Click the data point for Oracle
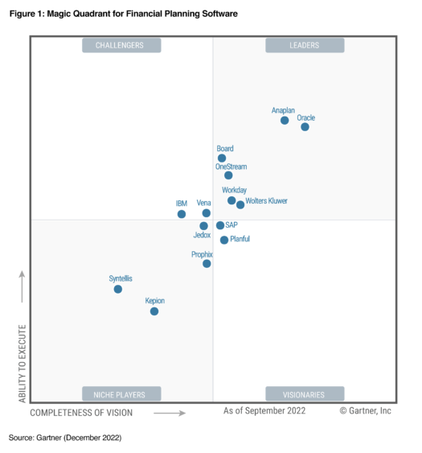click(305, 126)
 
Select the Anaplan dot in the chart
click(285, 120)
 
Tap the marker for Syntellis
click(118, 288)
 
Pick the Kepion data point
click(154, 311)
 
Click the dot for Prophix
click(207, 263)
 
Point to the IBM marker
click(182, 214)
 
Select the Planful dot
click(224, 240)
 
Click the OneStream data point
click(228, 175)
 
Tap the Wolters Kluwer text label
click(266, 201)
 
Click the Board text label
click(225, 149)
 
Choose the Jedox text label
click(202, 236)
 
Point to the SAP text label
click(232, 225)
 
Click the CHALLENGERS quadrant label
click(121, 46)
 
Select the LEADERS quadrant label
click(305, 46)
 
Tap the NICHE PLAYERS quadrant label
click(121, 394)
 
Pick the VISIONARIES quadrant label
click(305, 394)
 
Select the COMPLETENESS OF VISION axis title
click(81, 413)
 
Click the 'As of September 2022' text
click(264, 410)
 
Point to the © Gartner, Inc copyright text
click(365, 410)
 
